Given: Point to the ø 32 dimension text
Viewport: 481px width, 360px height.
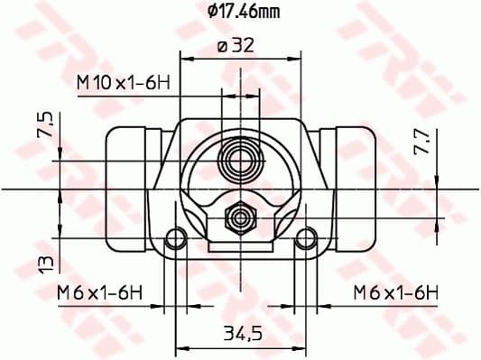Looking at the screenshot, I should point(236,47).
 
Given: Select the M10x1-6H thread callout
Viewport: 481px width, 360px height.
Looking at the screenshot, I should point(124,82).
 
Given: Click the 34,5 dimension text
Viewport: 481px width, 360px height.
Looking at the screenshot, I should point(242,334).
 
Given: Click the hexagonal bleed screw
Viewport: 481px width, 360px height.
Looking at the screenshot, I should point(241,216).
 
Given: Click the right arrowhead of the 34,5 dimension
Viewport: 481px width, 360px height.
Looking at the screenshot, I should point(302,346).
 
